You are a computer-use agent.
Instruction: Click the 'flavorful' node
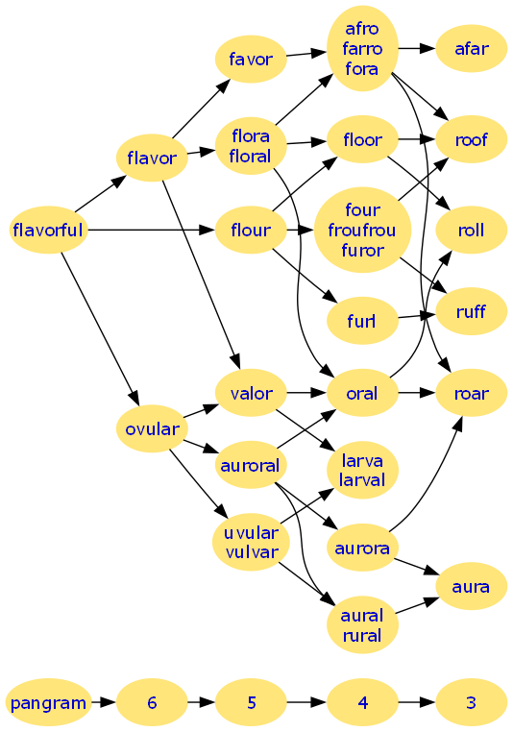[48, 230]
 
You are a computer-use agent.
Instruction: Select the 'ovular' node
[152, 428]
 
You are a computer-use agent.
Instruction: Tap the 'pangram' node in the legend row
[48, 702]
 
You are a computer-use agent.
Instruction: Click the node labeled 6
[152, 702]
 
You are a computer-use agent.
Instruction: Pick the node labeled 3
[471, 702]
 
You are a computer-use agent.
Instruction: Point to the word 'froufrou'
[362, 230]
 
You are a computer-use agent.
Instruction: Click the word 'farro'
[362, 49]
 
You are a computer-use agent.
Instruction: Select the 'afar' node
[472, 49]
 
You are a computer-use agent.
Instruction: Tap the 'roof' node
[472, 139]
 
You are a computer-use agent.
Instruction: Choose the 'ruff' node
[472, 311]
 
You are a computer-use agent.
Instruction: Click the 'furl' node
[362, 321]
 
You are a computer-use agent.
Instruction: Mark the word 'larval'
[362, 480]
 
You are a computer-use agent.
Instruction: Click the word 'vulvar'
[252, 551]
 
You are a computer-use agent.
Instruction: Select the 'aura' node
[472, 586]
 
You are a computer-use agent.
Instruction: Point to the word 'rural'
[362, 635]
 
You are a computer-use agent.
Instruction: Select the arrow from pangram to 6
[104, 702]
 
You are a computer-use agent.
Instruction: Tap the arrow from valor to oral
[306, 393]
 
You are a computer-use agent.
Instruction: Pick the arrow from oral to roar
[417, 393]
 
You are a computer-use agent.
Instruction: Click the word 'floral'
[251, 156]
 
